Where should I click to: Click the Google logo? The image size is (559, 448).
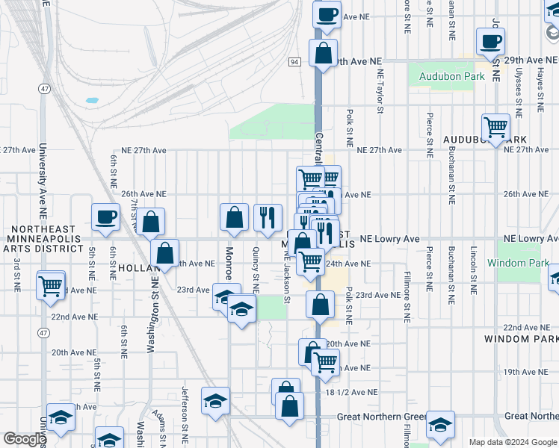[24, 439]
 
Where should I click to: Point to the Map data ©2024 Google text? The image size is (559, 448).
[513, 442]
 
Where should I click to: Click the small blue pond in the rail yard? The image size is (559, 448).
[92, 99]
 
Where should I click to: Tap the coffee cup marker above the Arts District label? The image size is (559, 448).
[105, 217]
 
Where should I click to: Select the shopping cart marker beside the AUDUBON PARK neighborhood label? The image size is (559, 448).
[495, 128]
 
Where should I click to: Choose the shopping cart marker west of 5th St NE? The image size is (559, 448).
[51, 284]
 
